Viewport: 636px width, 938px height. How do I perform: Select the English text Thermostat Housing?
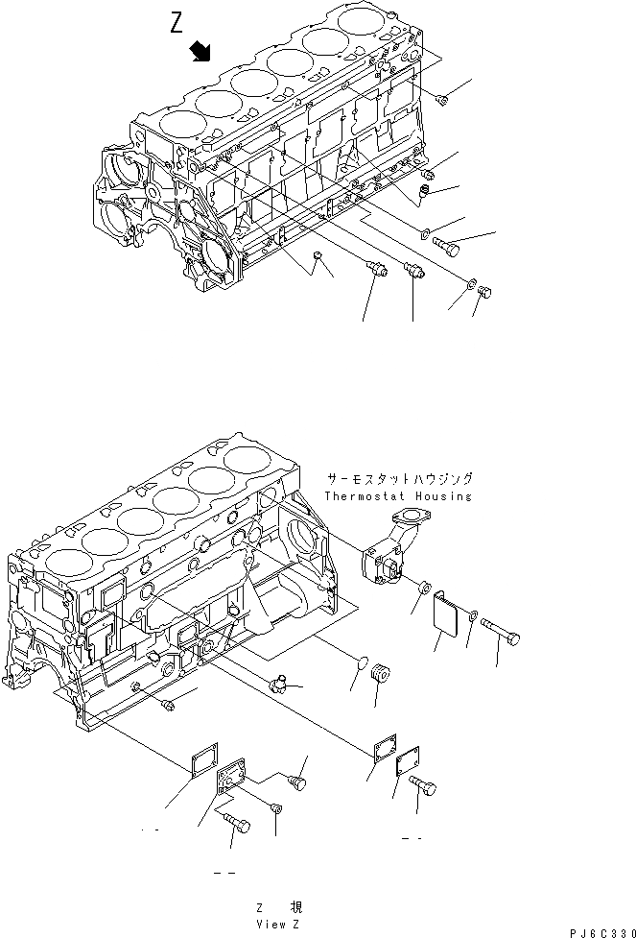(x=398, y=496)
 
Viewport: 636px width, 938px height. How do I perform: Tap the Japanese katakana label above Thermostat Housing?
(x=399, y=478)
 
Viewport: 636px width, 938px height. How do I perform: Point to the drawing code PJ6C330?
(x=601, y=931)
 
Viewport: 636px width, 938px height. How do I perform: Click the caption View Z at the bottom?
(x=280, y=923)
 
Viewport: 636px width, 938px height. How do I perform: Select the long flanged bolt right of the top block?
(x=448, y=245)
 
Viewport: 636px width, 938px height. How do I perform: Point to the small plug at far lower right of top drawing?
(x=484, y=290)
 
